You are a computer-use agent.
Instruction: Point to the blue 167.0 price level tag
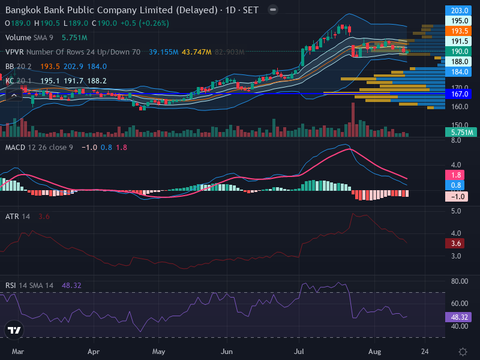(458, 94)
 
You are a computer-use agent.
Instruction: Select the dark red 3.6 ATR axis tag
(456, 244)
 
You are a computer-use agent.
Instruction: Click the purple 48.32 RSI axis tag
(458, 317)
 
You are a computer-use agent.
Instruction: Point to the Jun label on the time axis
(227, 351)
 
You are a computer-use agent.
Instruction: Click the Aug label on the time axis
(374, 351)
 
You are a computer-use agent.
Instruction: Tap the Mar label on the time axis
(18, 351)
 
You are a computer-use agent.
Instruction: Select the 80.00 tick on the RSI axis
(460, 281)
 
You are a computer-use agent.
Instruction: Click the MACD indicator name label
(15, 147)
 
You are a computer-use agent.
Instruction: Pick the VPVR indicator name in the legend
(14, 52)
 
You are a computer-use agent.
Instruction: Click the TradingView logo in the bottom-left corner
(14, 330)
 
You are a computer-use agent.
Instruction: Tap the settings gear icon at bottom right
(463, 352)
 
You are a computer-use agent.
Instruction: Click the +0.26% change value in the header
(154, 23)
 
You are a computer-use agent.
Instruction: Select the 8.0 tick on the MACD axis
(456, 140)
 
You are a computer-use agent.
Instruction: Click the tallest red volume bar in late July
(353, 119)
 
